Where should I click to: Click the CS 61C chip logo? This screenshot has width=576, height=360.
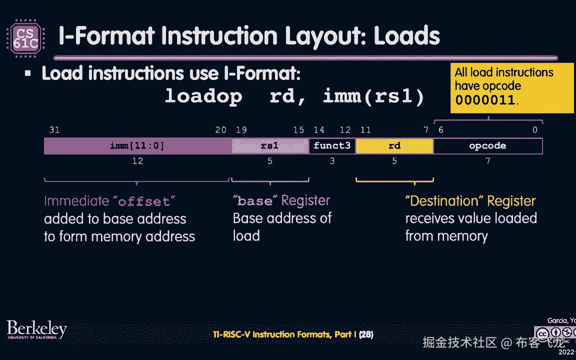[x=25, y=36]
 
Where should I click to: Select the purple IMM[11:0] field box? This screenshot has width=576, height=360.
[x=137, y=146]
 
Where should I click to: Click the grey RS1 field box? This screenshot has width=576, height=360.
[x=270, y=146]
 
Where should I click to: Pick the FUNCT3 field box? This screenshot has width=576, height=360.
[x=332, y=146]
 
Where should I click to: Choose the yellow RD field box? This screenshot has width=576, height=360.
[x=394, y=146]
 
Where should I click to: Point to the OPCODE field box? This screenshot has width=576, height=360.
[x=487, y=146]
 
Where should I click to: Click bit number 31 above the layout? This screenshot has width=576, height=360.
[x=54, y=130]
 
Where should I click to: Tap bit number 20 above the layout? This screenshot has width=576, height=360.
[x=220, y=130]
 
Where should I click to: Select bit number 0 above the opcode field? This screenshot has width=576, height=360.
[x=535, y=130]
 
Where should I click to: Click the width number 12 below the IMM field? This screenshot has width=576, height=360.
[x=137, y=161]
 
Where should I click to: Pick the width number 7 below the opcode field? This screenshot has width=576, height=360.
[x=488, y=161]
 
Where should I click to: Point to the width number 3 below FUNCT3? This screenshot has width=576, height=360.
[x=332, y=161]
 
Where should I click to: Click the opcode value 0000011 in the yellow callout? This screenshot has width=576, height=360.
[x=484, y=99]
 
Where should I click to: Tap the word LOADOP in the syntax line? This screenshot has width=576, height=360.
[x=203, y=96]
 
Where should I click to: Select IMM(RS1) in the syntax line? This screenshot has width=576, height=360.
[x=373, y=96]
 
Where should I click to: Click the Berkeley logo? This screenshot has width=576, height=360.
[x=36, y=329]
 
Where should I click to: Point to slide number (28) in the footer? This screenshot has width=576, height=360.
[x=366, y=334]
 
